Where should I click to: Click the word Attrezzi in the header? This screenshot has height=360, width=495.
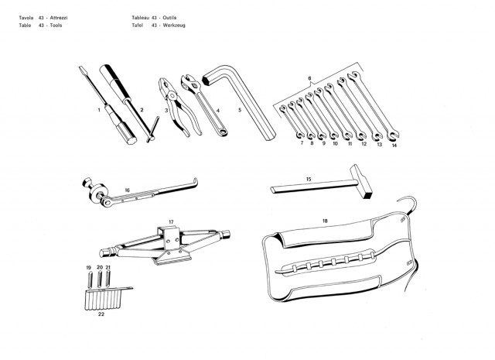[59, 18]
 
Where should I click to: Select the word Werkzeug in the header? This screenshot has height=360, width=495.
[174, 26]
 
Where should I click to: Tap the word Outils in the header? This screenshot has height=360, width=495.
[169, 18]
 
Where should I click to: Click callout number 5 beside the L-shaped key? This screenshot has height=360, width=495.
[240, 110]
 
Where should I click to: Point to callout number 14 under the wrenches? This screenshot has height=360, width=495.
[394, 146]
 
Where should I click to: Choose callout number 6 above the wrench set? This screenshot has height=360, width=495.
[309, 78]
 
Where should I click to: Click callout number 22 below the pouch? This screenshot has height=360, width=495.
[101, 314]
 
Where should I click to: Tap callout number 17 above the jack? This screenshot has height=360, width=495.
[171, 222]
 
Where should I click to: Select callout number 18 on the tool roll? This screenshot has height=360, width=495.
[325, 221]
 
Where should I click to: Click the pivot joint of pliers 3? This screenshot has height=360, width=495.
[172, 95]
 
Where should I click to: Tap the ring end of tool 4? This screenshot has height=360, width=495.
[224, 131]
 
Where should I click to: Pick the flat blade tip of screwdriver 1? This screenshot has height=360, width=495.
[82, 69]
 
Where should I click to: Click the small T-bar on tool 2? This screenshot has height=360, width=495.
[153, 129]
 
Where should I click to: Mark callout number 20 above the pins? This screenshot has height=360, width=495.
[100, 267]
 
